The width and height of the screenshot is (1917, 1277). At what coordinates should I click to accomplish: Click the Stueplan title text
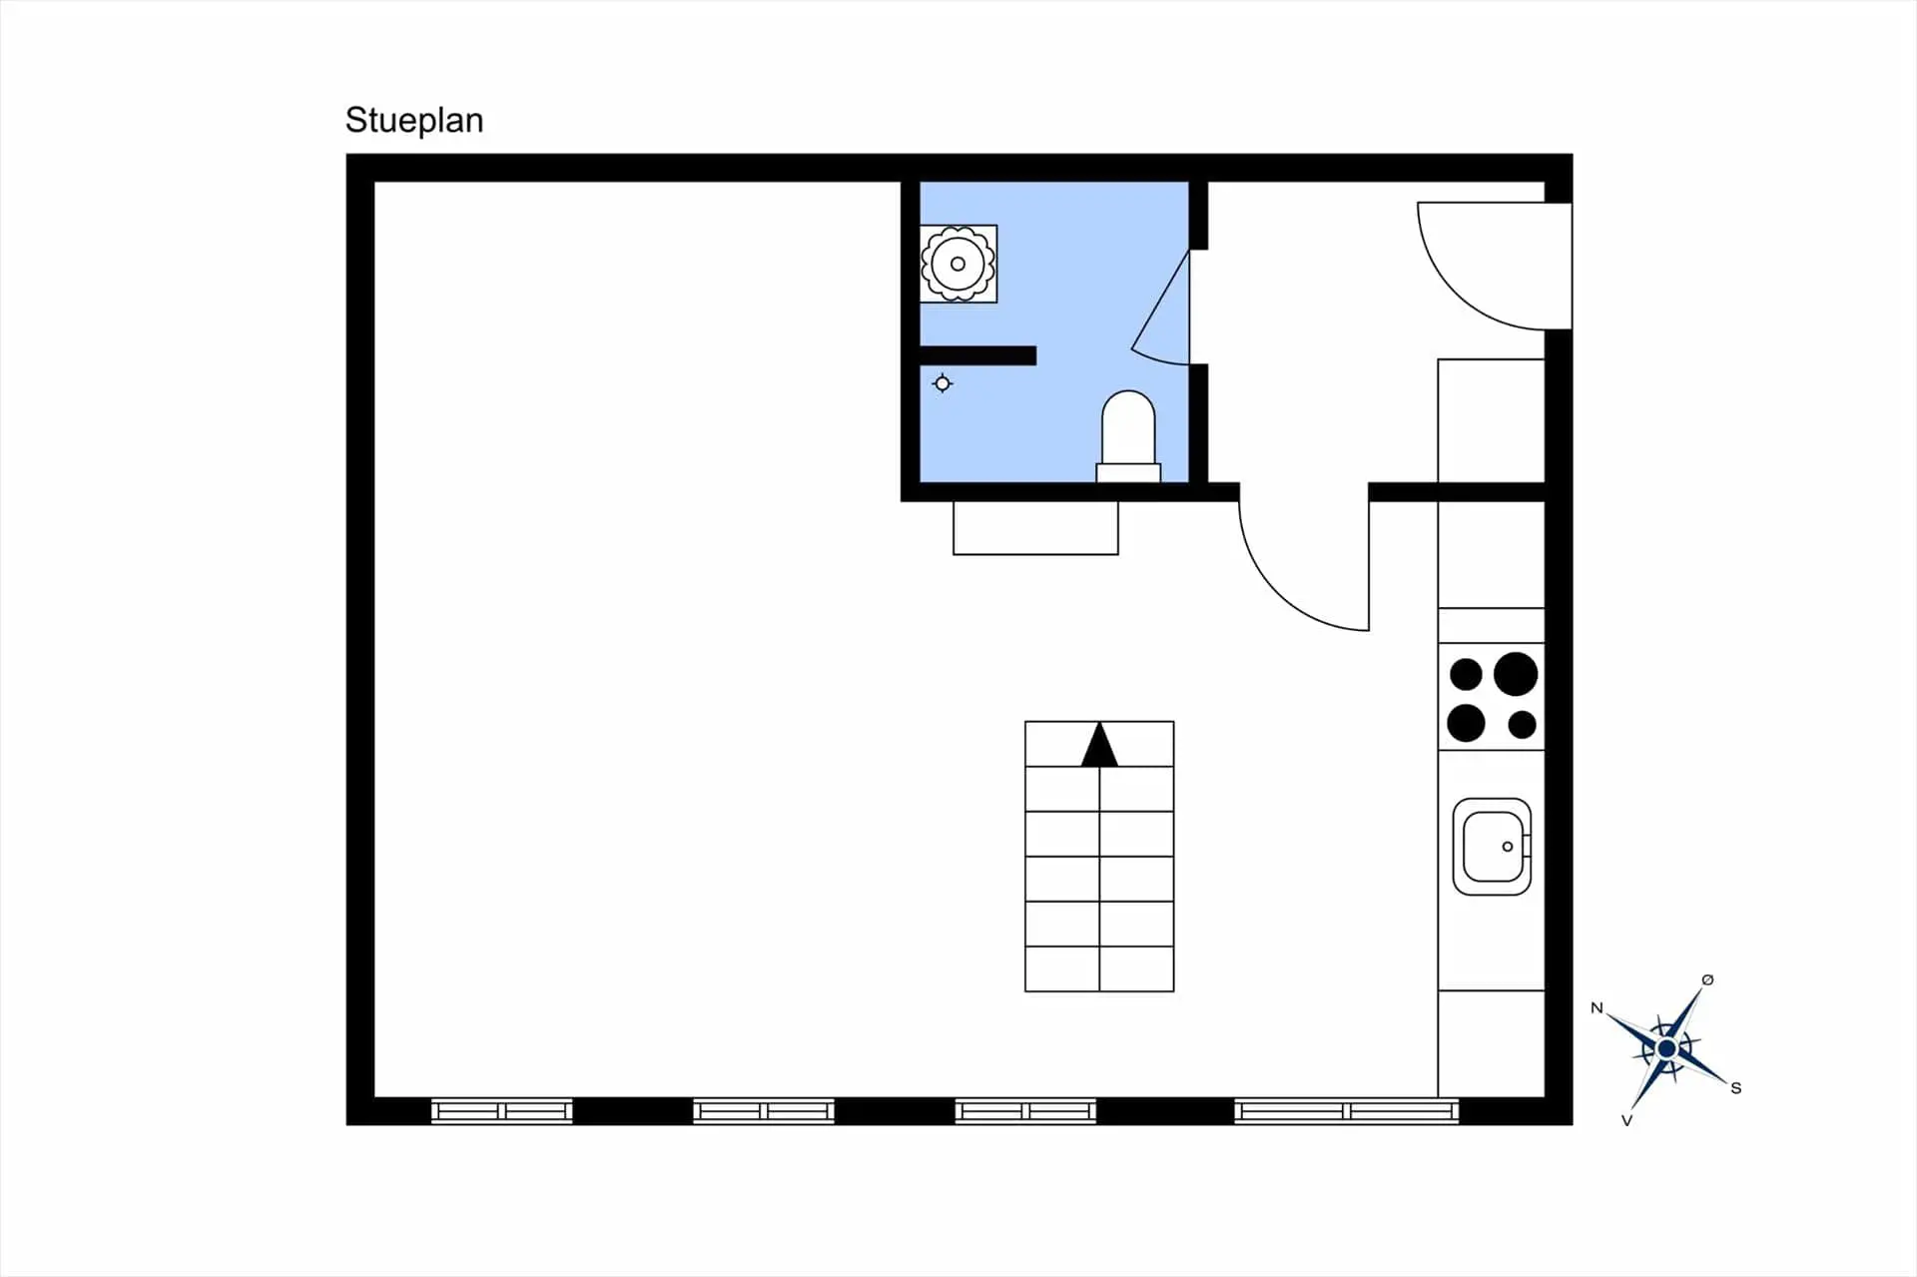(414, 121)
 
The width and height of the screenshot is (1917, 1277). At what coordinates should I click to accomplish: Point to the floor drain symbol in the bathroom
(943, 383)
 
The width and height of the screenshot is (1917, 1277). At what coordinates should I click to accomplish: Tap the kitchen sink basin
(1492, 847)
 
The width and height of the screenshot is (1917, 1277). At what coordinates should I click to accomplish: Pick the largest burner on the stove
(1516, 673)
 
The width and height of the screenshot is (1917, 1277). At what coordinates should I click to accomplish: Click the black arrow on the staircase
(1099, 745)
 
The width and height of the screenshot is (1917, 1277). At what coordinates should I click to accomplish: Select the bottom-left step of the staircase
(1062, 968)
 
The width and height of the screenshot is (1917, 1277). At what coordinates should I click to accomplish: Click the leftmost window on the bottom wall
(502, 1110)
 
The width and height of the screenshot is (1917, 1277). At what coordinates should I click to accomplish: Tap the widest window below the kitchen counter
(1347, 1110)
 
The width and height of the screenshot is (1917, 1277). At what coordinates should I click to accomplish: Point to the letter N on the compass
(1597, 1008)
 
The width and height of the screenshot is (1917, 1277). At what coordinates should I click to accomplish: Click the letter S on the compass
(1736, 1088)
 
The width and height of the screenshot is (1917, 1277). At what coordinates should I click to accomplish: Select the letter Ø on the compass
(1707, 979)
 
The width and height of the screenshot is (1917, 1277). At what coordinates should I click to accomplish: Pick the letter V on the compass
(1626, 1120)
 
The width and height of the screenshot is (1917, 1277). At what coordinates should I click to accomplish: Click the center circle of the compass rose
(1666, 1048)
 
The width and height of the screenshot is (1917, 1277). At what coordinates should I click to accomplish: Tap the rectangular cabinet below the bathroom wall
(1035, 527)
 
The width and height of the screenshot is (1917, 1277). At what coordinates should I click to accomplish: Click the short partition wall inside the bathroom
(977, 355)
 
